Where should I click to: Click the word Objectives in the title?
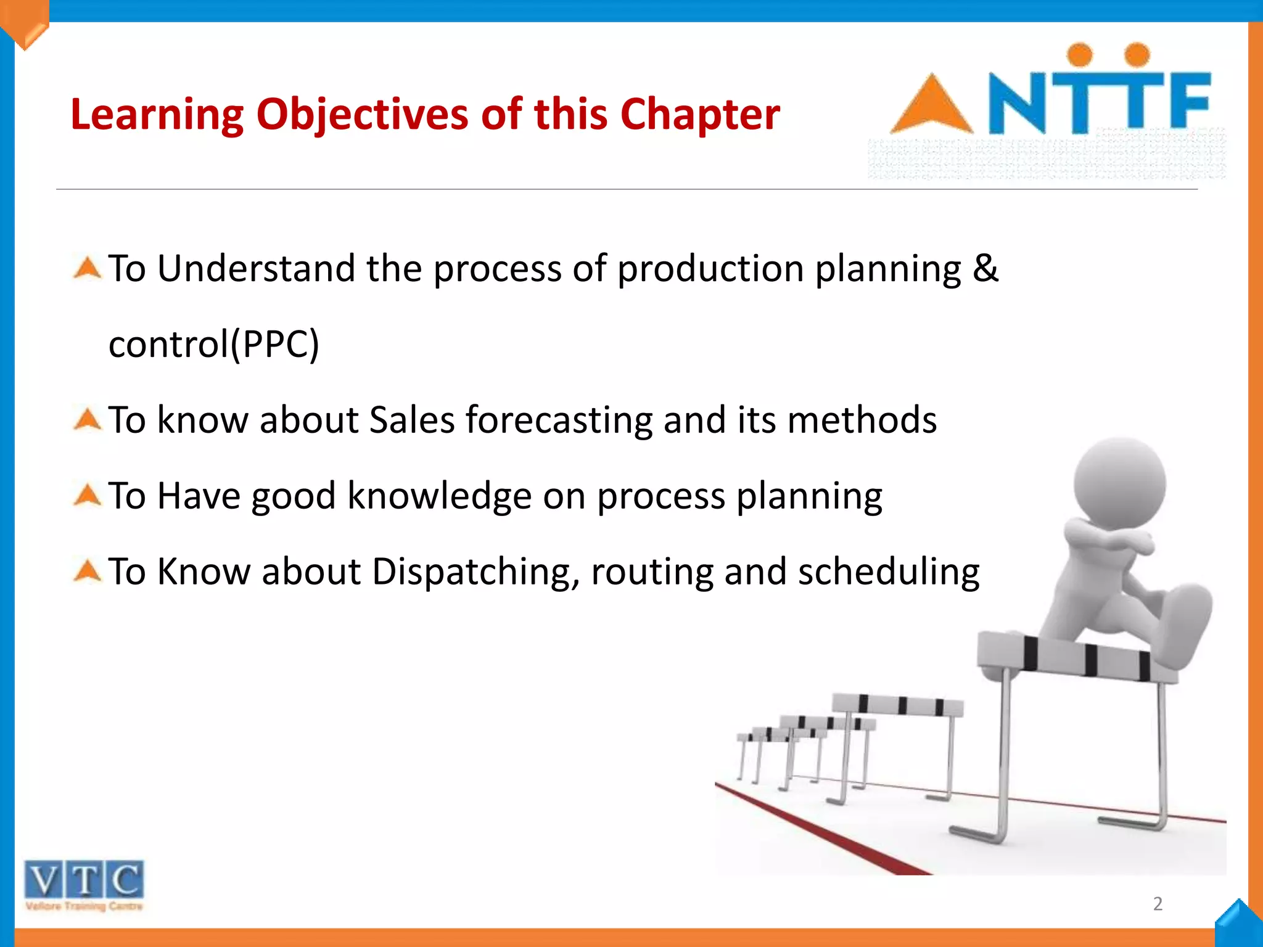362,115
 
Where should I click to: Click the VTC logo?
84,883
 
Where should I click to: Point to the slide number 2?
1158,903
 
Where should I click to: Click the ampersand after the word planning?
985,268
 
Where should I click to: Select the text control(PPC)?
214,344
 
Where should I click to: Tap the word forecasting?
559,420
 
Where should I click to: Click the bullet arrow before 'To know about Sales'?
87,420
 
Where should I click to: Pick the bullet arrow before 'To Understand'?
87,268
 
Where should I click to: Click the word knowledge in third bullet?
439,496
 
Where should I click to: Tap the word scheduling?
888,572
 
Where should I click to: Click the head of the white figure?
1119,484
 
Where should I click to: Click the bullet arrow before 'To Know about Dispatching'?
87,571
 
